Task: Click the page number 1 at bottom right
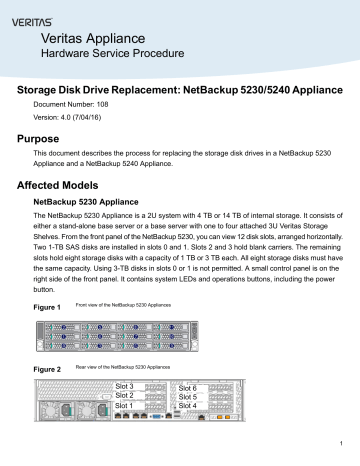coord(341,445)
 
